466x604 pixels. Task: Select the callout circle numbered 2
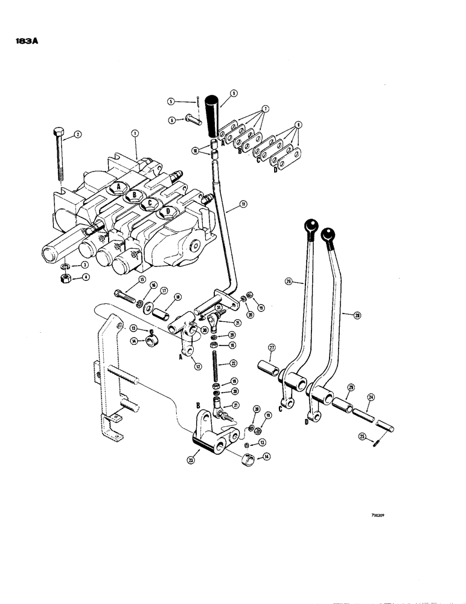pos(77,137)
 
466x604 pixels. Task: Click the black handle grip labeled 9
pos(214,116)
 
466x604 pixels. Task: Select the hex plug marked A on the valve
pos(119,187)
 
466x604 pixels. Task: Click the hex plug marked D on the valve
pos(164,212)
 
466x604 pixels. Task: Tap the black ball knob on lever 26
pos(311,226)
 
